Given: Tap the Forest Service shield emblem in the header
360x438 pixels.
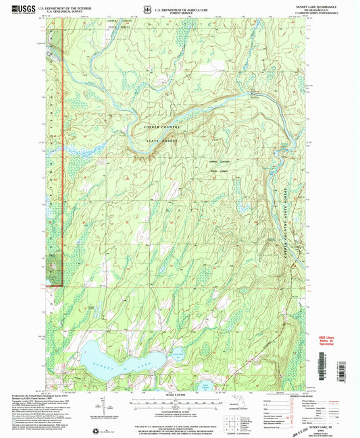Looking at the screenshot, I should [x=149, y=8].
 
